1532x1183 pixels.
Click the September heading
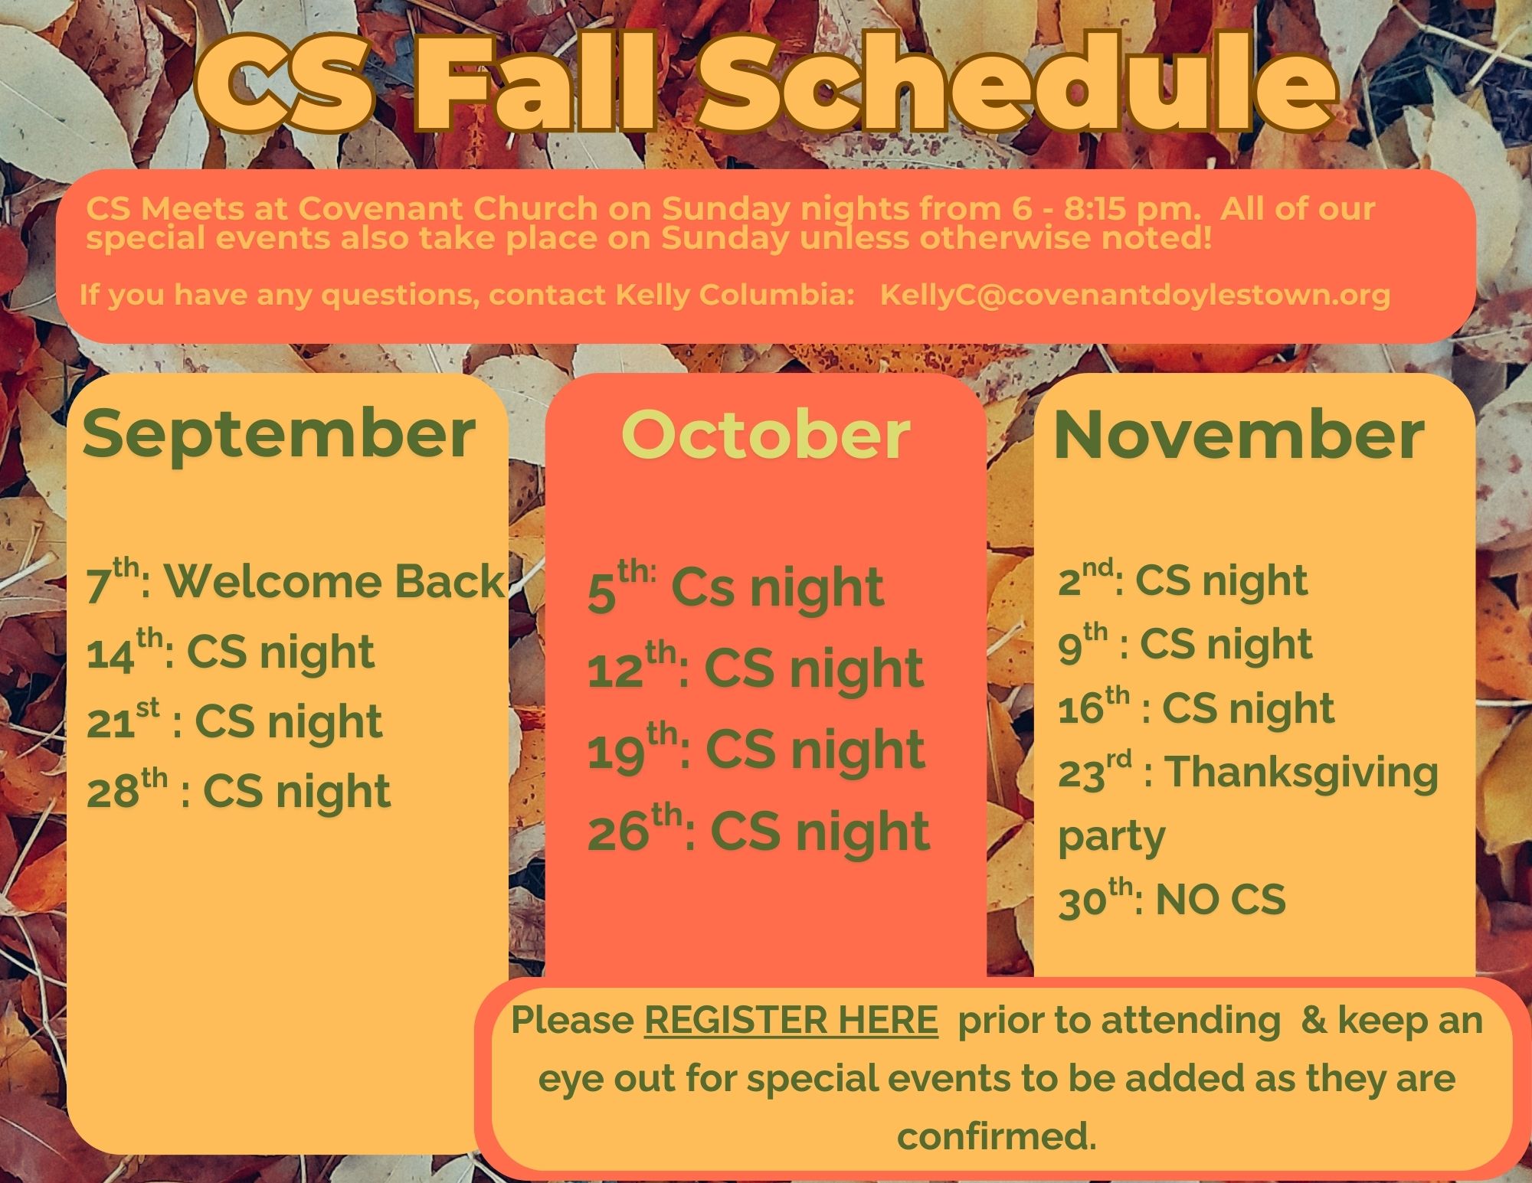(x=280, y=435)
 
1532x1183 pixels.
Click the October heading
(x=765, y=435)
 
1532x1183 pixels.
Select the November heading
(x=1239, y=435)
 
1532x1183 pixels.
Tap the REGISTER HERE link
(x=791, y=1020)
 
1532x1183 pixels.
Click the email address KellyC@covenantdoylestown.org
(x=1135, y=295)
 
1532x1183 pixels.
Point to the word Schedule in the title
(x=1019, y=84)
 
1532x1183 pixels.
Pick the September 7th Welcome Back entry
(x=296, y=581)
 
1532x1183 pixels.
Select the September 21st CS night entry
(x=234, y=721)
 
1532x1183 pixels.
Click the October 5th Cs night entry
(x=735, y=588)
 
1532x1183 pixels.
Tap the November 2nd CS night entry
(x=1183, y=580)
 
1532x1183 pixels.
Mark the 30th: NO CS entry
(x=1172, y=899)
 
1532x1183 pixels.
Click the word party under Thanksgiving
(x=1111, y=838)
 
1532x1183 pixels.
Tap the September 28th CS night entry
(x=238, y=791)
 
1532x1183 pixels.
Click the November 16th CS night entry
(x=1196, y=708)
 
